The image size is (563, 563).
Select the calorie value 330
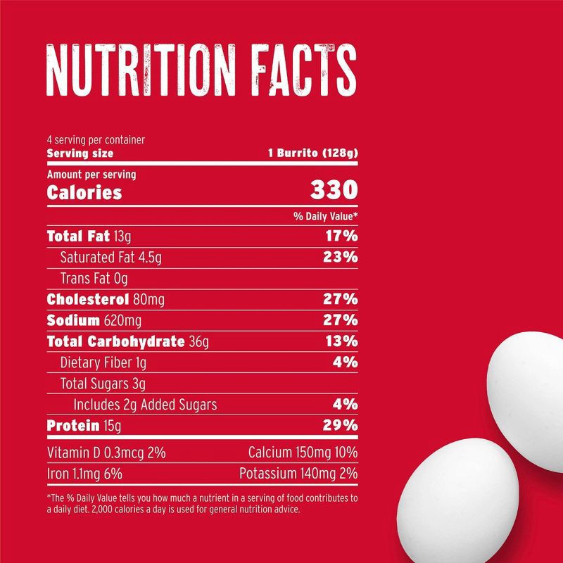[334, 191]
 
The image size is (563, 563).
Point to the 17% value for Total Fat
[341, 236]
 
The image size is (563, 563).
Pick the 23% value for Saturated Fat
[341, 257]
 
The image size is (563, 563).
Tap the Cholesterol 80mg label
[106, 300]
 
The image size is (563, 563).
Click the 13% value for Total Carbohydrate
[341, 342]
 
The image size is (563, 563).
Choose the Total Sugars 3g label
[103, 384]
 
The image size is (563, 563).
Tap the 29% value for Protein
[341, 426]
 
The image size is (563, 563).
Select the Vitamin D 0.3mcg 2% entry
[106, 452]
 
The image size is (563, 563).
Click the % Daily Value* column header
[326, 216]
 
